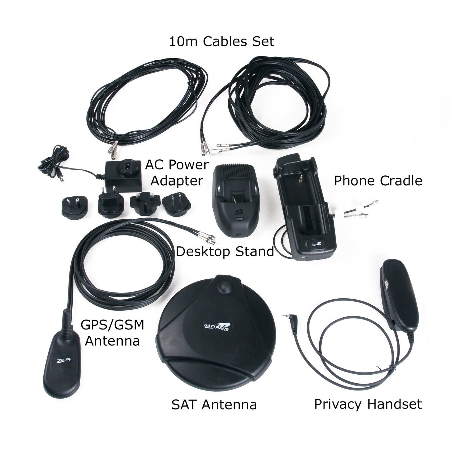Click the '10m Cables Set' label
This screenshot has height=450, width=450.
point(221,41)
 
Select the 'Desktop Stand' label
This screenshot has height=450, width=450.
point(225,252)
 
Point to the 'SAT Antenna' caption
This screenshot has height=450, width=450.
point(214,405)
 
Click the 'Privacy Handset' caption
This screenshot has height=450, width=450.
point(368,404)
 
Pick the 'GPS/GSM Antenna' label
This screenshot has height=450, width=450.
point(112,333)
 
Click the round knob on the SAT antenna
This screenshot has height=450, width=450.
point(225,286)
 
